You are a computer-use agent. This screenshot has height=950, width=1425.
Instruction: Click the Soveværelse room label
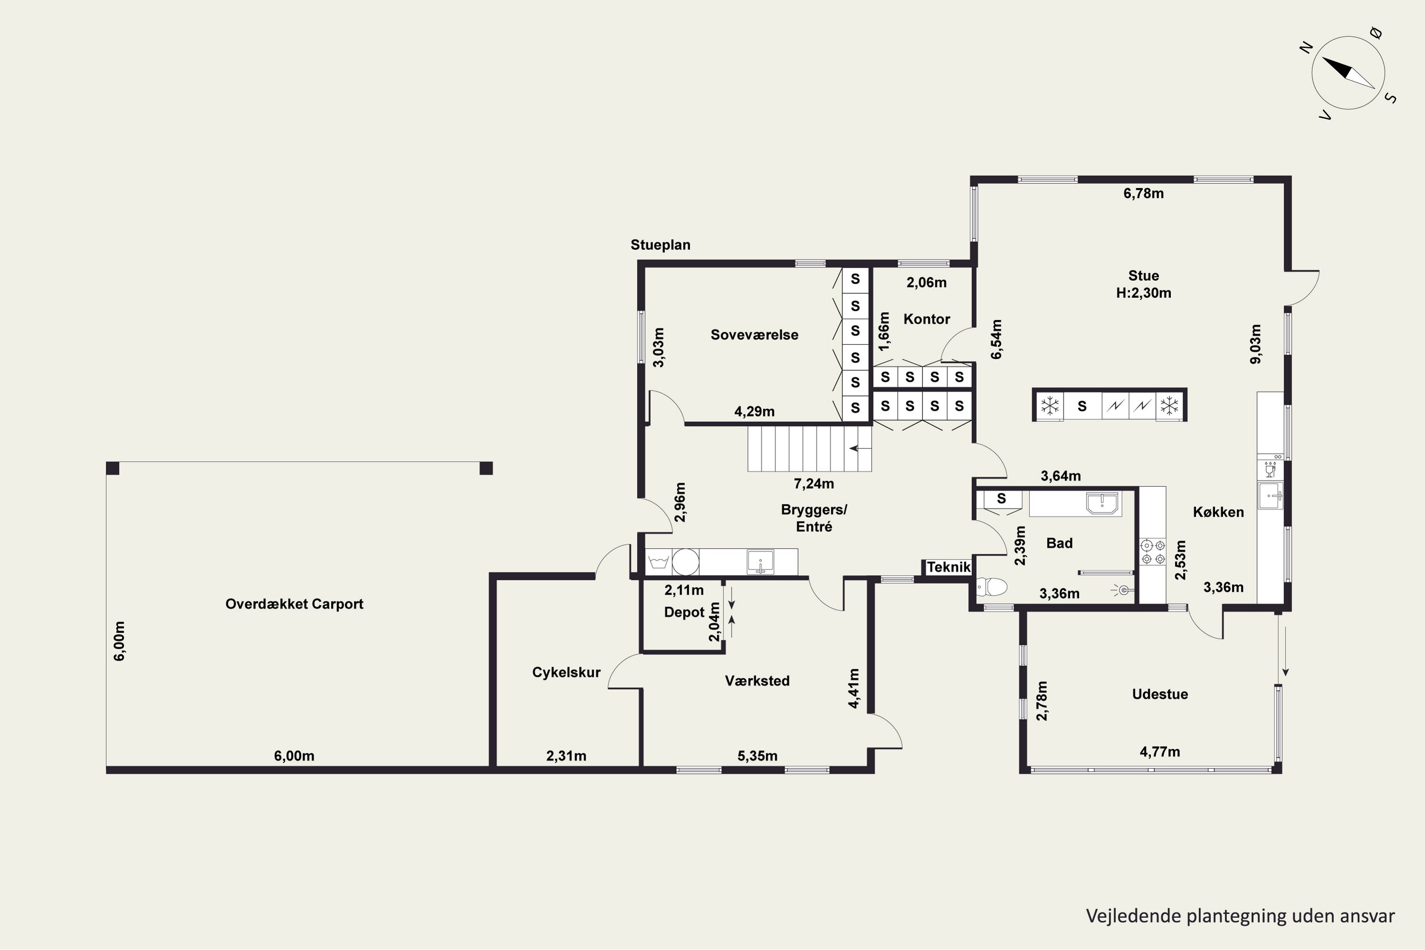[x=754, y=335]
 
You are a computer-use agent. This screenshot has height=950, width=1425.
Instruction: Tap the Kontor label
[x=926, y=319]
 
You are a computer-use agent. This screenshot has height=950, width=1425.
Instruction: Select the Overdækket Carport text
[x=294, y=604]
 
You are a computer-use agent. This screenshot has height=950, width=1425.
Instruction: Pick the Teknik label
[x=949, y=567]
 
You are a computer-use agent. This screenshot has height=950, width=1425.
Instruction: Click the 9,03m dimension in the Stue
[x=1256, y=344]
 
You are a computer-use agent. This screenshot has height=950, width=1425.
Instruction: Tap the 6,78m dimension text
[x=1143, y=193]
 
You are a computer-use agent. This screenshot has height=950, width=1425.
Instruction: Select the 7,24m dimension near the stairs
[x=814, y=484]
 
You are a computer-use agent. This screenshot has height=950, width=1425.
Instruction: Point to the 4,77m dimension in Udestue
[x=1159, y=752]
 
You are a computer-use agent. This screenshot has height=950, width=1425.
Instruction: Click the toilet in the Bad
[x=991, y=587]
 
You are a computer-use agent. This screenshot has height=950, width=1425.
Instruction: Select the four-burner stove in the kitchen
[x=1152, y=552]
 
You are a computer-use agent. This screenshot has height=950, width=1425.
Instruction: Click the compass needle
[x=1348, y=73]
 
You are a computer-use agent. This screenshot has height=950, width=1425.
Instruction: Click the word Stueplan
[x=660, y=245]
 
